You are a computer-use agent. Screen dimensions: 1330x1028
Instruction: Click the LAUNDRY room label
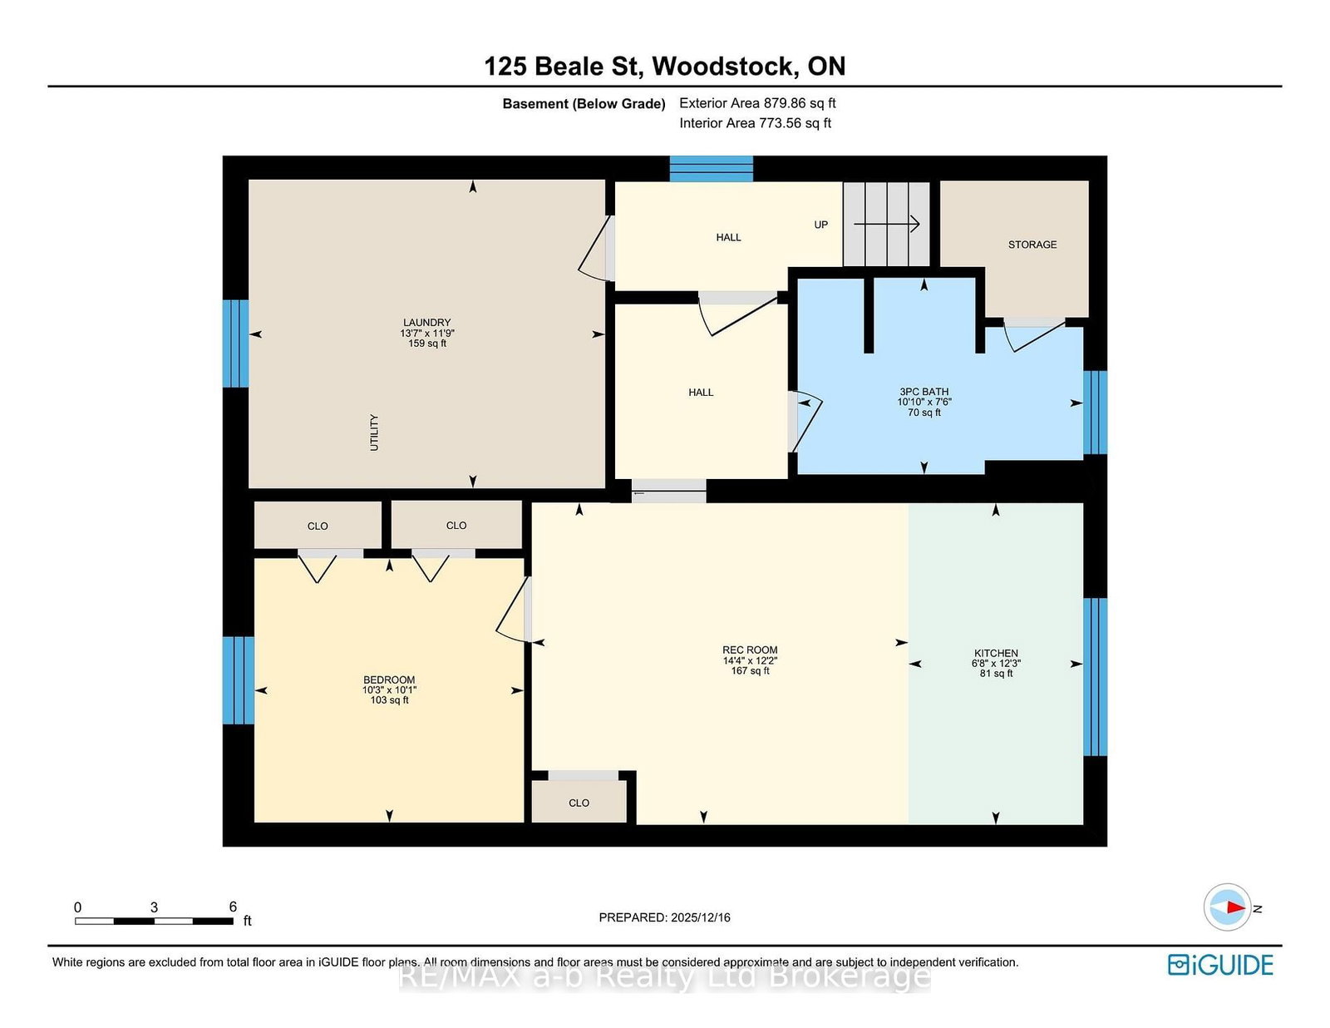click(426, 322)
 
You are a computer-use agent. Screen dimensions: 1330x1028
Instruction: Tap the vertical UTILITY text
click(374, 432)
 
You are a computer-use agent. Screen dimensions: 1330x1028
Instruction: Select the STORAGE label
click(1032, 245)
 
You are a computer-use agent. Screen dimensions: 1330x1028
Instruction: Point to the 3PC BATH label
click(924, 391)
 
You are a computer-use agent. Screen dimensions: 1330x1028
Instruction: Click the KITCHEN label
click(996, 653)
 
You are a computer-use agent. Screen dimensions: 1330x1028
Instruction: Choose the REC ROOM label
click(750, 650)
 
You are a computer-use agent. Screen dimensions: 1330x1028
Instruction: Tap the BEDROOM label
click(389, 680)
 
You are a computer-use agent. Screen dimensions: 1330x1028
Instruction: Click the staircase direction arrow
click(886, 224)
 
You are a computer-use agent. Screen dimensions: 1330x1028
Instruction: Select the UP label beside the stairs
click(820, 225)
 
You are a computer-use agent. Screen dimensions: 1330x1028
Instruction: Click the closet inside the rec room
click(579, 802)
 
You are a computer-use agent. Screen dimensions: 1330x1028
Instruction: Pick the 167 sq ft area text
click(750, 671)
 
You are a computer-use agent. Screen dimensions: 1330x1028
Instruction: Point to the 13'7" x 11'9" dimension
click(426, 333)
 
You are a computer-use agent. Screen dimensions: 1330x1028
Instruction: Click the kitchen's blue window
click(1095, 677)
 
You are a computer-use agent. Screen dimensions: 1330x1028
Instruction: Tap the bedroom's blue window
click(238, 680)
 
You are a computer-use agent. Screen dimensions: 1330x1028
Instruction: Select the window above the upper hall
click(711, 169)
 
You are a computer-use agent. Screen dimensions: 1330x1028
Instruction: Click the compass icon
click(1227, 907)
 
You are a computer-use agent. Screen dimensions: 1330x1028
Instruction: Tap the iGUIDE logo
click(1220, 965)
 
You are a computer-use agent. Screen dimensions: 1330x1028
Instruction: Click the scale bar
click(155, 921)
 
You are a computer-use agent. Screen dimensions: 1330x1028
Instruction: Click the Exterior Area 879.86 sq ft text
click(757, 103)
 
